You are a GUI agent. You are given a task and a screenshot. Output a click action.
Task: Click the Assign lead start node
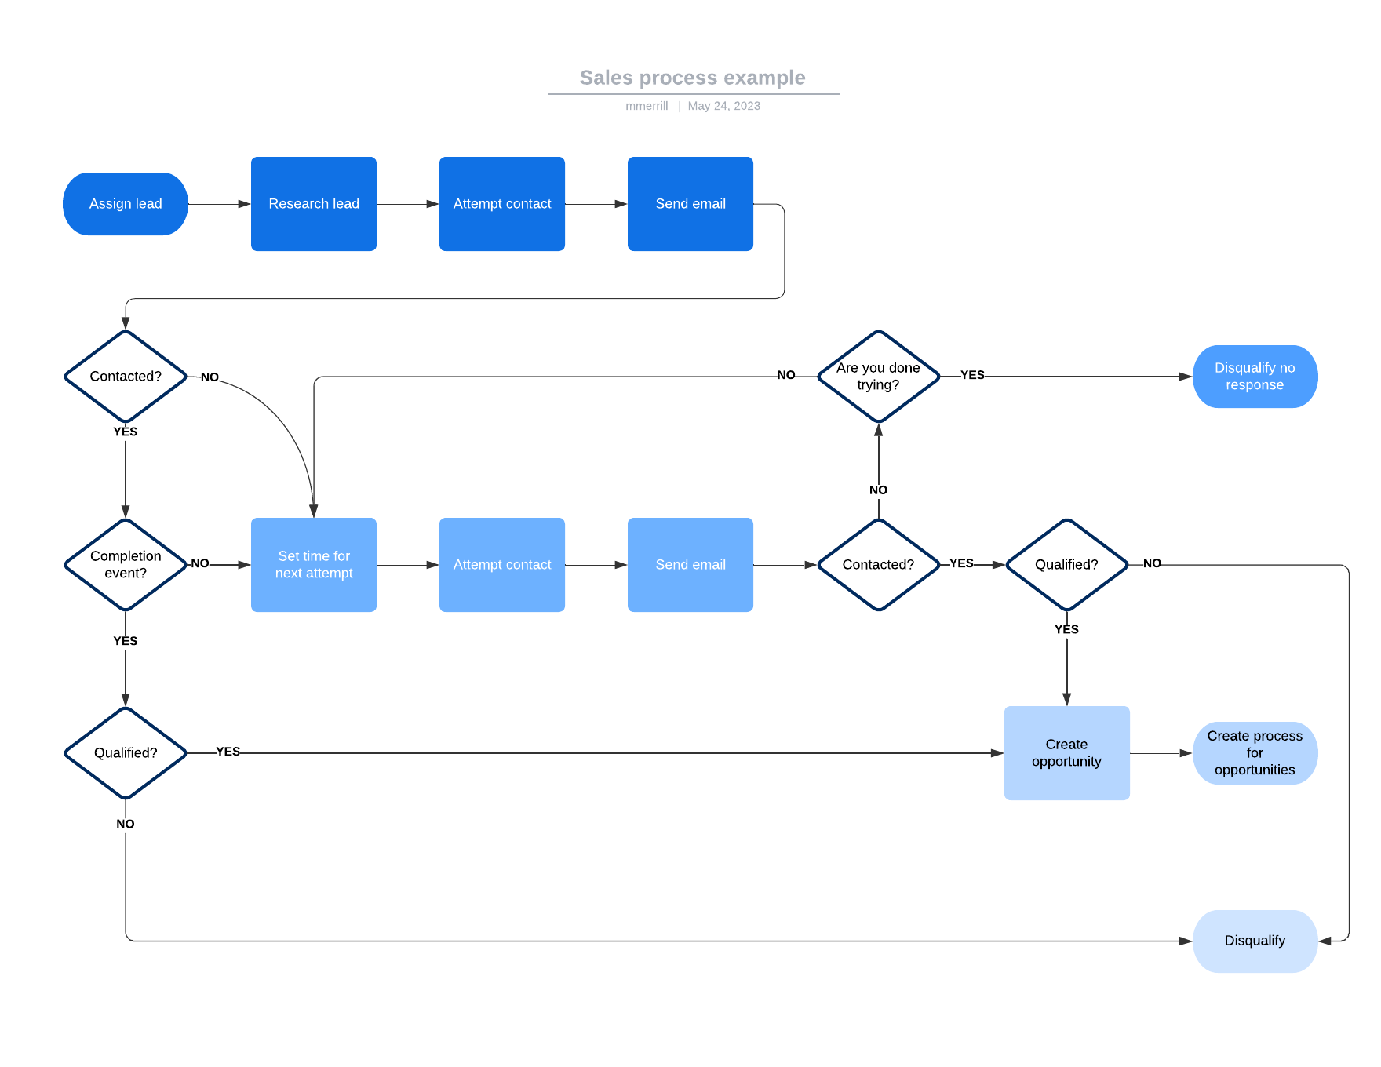pos(126,204)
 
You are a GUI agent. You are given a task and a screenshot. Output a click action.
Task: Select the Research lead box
pos(314,204)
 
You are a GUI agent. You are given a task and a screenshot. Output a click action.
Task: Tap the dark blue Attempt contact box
pos(502,204)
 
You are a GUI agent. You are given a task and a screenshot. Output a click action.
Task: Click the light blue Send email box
pos(690,565)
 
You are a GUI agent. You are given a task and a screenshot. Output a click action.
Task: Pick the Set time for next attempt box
pos(314,565)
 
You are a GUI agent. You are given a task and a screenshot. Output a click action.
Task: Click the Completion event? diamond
pos(126,565)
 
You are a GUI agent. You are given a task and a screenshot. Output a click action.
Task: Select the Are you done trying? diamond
pos(878,377)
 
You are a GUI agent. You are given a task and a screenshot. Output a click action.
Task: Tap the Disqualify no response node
pos(1255,377)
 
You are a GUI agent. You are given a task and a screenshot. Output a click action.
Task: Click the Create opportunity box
pos(1066,753)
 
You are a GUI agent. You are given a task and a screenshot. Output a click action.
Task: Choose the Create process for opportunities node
pos(1255,753)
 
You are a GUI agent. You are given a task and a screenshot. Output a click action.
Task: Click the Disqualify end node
pos(1255,941)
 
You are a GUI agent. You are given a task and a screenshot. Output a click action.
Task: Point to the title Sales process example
pos(692,78)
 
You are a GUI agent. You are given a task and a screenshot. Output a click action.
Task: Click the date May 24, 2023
pos(723,106)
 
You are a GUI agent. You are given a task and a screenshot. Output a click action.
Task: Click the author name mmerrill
pos(647,106)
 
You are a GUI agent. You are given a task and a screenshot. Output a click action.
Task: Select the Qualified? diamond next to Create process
pos(1066,565)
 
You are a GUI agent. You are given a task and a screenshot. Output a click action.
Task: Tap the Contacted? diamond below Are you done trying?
pos(878,565)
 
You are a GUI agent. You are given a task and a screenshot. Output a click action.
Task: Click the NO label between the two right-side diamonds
pos(878,490)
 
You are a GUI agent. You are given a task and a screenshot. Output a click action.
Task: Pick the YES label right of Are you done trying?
pos(972,375)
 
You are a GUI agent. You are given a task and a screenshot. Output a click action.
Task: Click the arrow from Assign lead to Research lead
pos(219,204)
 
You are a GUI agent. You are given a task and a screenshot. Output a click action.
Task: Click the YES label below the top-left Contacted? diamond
pos(126,432)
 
